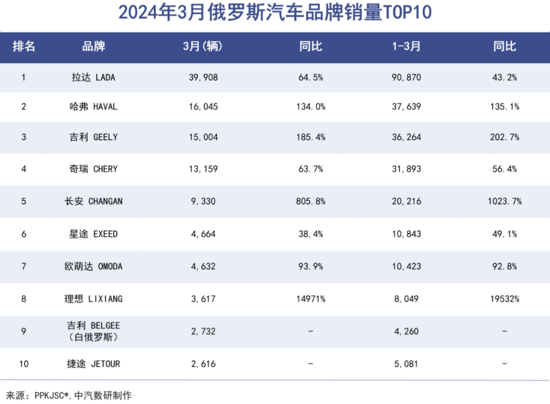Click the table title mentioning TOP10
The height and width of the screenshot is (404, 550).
275,13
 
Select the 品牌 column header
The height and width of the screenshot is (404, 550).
94,46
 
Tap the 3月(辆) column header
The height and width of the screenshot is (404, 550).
203,46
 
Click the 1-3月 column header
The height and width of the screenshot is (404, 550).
406,46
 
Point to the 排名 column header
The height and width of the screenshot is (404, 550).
24,46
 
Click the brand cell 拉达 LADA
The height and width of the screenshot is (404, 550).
94,77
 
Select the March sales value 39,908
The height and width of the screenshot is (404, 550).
203,77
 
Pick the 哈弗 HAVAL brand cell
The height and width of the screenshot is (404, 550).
94,107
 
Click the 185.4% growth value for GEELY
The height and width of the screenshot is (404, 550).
311,137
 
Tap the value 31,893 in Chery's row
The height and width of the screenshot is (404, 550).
406,169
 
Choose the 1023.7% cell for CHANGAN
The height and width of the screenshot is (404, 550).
504,201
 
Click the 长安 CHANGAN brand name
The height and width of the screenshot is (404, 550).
94,201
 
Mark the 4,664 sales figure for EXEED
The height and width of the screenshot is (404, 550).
203,234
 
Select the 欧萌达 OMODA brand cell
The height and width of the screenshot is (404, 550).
94,266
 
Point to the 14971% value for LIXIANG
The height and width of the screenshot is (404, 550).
311,299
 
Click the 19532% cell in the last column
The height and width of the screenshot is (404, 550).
504,299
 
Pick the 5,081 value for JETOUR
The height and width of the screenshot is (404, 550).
406,364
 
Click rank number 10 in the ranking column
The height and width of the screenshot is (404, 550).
24,364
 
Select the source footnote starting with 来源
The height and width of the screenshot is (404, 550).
69,395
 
